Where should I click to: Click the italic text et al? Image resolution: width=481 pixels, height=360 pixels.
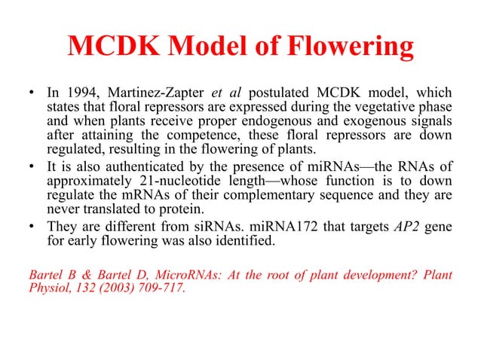[225, 93]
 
